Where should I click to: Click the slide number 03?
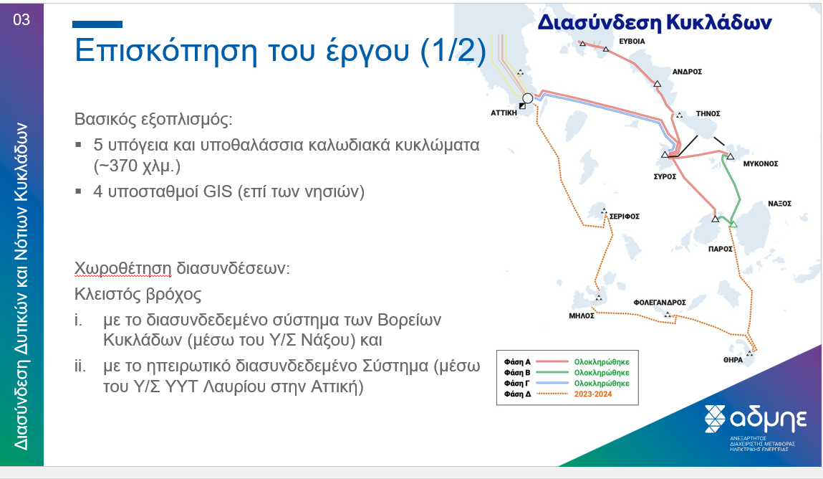pyautogui.click(x=21, y=20)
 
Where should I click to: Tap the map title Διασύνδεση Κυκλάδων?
pyautogui.click(x=655, y=23)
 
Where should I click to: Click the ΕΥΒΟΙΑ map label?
pyautogui.click(x=632, y=41)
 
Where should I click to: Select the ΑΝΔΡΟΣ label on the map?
pyautogui.click(x=687, y=72)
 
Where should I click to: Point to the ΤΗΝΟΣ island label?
pyautogui.click(x=708, y=113)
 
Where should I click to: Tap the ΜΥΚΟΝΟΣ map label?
pyautogui.click(x=761, y=164)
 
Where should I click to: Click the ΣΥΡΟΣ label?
pyautogui.click(x=665, y=176)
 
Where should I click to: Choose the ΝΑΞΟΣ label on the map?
pyautogui.click(x=779, y=203)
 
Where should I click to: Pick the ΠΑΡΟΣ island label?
pyautogui.click(x=720, y=249)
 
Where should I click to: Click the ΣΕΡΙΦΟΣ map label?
pyautogui.click(x=624, y=217)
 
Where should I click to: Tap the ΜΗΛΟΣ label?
pyautogui.click(x=582, y=316)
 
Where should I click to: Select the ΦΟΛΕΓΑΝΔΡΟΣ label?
pyautogui.click(x=659, y=303)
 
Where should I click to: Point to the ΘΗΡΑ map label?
pyautogui.click(x=733, y=360)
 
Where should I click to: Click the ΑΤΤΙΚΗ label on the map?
pyautogui.click(x=504, y=113)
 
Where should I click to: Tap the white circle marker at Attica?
pyautogui.click(x=527, y=98)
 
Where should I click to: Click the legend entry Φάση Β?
pyautogui.click(x=517, y=372)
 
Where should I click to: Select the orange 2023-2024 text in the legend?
pyautogui.click(x=592, y=394)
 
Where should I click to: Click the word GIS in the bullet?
pyautogui.click(x=218, y=191)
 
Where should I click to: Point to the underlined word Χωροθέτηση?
pyautogui.click(x=122, y=268)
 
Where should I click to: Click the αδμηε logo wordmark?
pyautogui.click(x=768, y=419)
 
